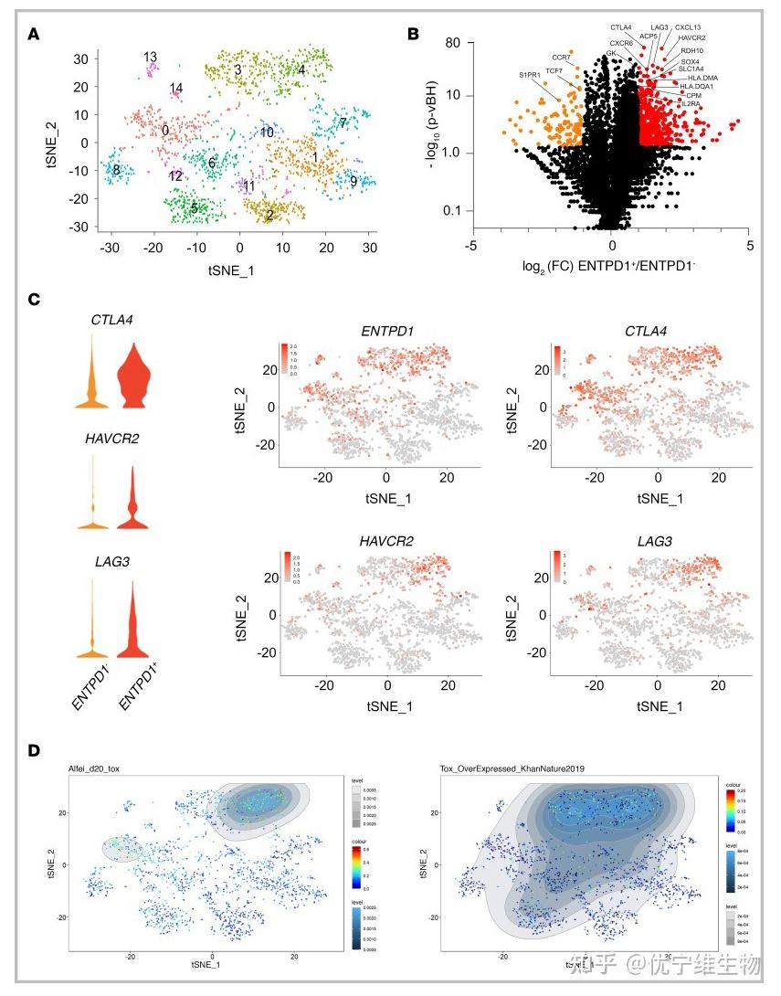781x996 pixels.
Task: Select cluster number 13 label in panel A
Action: tap(150, 58)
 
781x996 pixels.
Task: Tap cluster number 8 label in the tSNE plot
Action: tap(116, 170)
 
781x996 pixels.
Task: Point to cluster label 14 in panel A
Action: tap(176, 89)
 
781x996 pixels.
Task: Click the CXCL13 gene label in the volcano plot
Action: tap(689, 27)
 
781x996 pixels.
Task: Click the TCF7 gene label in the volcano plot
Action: tap(554, 69)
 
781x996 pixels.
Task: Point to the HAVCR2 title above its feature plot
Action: tap(386, 542)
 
